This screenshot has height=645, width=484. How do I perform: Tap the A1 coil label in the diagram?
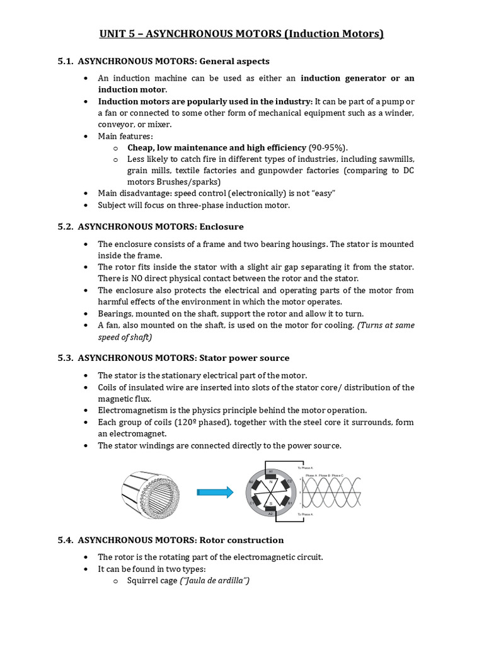(271, 471)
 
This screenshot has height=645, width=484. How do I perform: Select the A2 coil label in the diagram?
(271, 513)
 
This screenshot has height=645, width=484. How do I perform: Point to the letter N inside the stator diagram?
(271, 482)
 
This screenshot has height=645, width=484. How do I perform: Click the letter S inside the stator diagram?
(271, 503)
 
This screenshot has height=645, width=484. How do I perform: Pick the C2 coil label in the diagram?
(289, 481)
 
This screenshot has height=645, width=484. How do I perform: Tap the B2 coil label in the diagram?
(251, 482)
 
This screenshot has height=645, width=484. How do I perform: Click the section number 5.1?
(66, 62)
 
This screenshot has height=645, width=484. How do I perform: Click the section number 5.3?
(66, 358)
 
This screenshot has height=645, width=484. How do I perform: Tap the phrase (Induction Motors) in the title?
(334, 34)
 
